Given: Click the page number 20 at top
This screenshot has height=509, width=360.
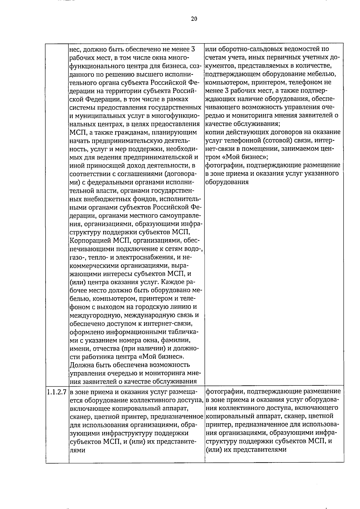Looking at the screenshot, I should pyautogui.click(x=194, y=19).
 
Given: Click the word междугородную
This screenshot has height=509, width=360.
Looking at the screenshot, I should pyautogui.click(x=94, y=315).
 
